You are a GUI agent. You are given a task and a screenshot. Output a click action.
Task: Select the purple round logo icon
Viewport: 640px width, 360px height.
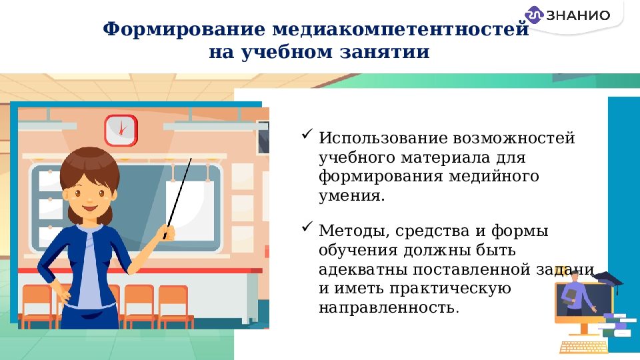[x=535, y=15]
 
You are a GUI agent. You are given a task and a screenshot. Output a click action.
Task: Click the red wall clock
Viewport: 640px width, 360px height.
[x=120, y=129]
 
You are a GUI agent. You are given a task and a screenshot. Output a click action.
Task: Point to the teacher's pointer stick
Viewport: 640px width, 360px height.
[x=179, y=193]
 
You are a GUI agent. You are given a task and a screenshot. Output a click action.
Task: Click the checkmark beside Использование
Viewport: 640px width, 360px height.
[x=307, y=135]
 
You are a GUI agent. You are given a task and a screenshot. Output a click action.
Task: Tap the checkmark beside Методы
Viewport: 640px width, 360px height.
[x=307, y=228]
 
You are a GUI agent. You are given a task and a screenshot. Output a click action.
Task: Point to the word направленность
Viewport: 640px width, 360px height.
[x=389, y=309]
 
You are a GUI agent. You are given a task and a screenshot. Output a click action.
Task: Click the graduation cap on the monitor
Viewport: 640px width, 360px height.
[x=607, y=279]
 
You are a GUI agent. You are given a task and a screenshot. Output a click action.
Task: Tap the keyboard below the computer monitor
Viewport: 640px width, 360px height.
[x=583, y=347]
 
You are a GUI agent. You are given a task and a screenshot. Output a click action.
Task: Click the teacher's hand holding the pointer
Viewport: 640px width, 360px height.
[x=167, y=232]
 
